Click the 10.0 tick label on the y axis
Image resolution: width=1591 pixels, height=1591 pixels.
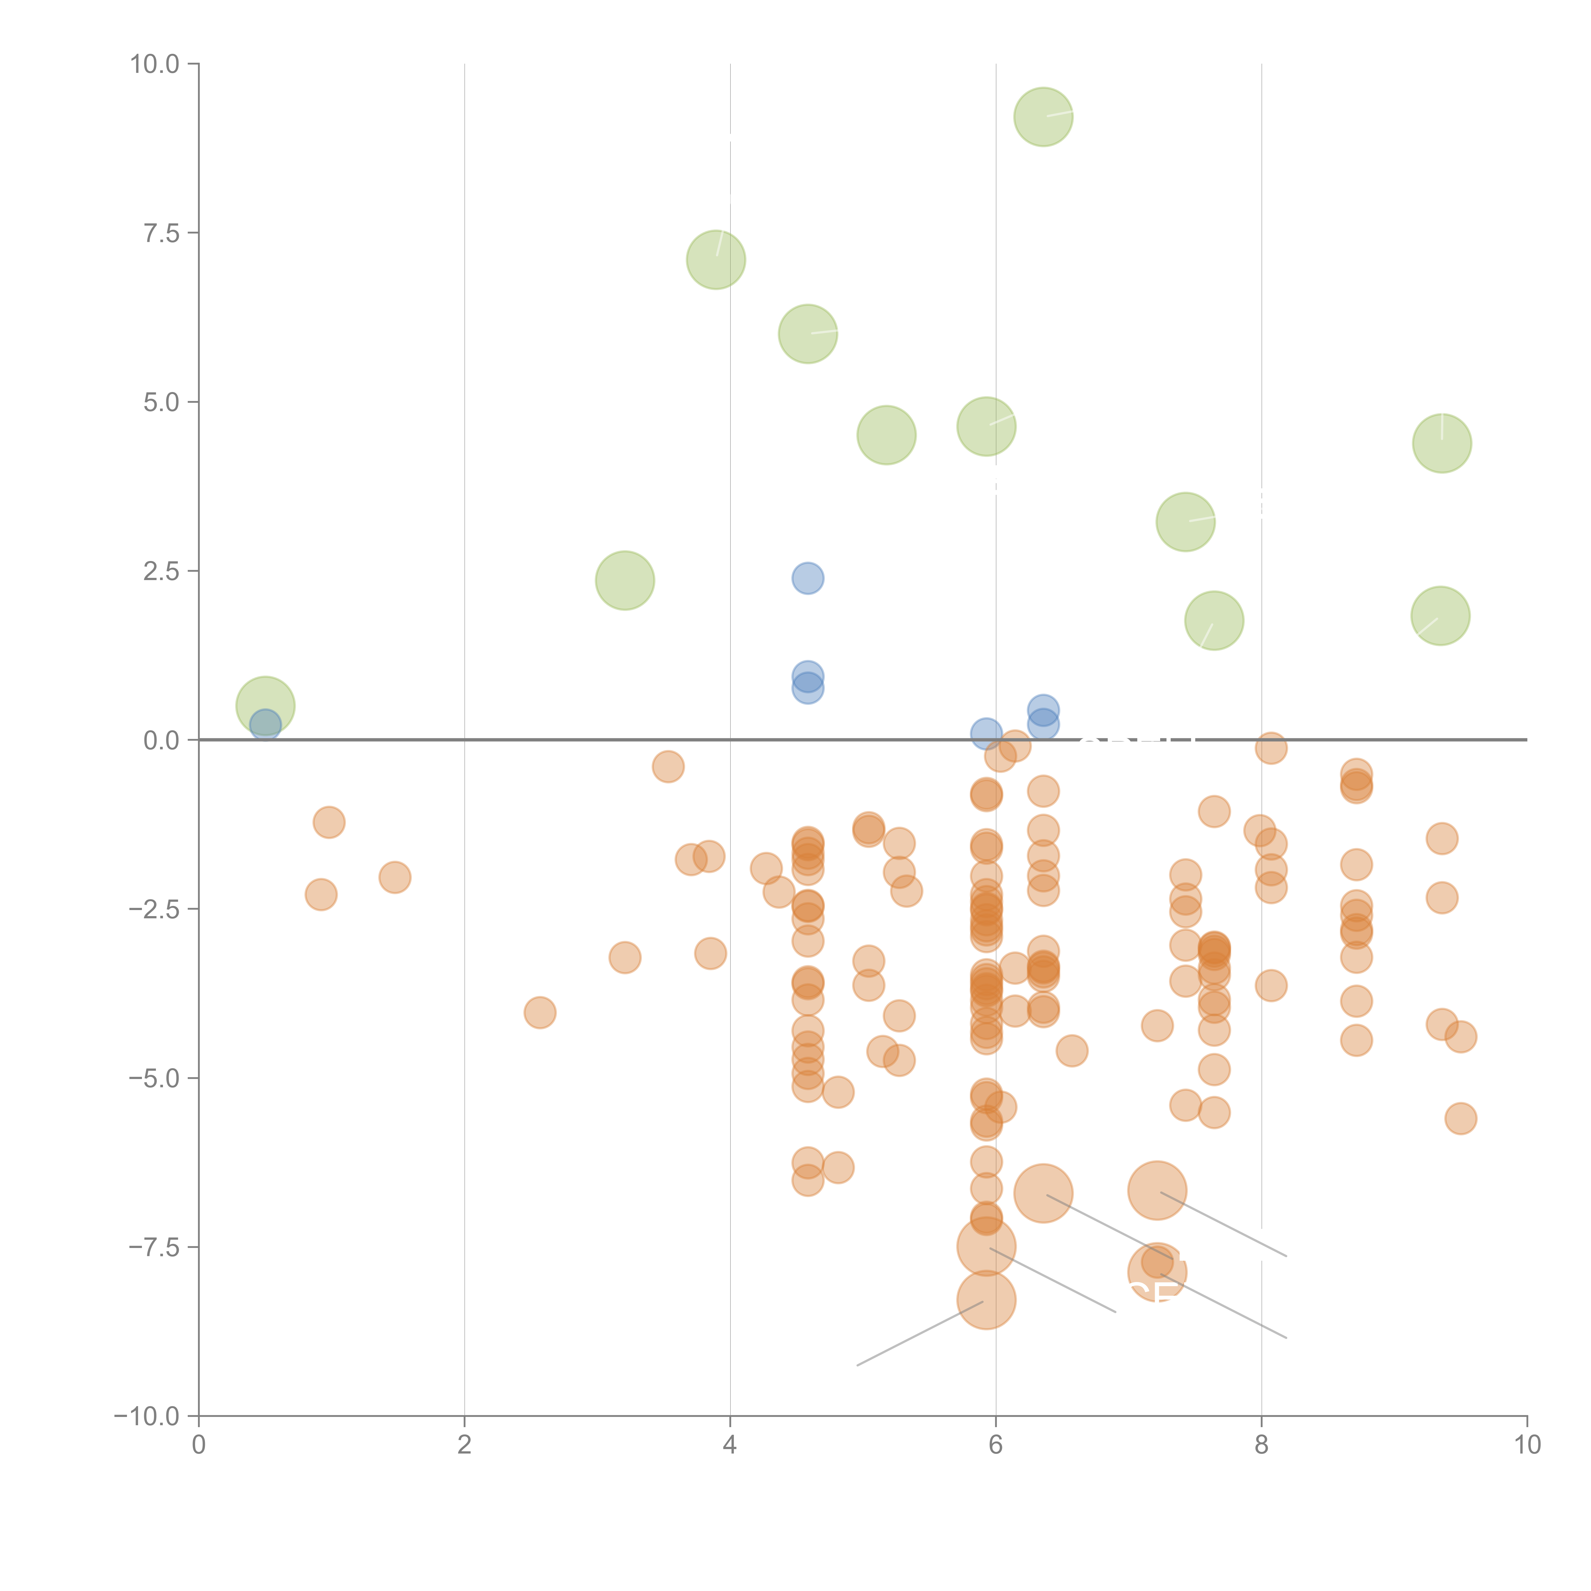[155, 64]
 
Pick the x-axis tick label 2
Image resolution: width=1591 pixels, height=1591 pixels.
[465, 1445]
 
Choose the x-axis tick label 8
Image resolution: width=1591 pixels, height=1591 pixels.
[1262, 1445]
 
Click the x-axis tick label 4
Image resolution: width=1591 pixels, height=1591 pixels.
[730, 1445]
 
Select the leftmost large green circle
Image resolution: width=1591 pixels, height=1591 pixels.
[265, 706]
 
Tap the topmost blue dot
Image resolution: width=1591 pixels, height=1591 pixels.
[808, 578]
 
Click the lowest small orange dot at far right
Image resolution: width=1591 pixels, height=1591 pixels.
[1460, 1118]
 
